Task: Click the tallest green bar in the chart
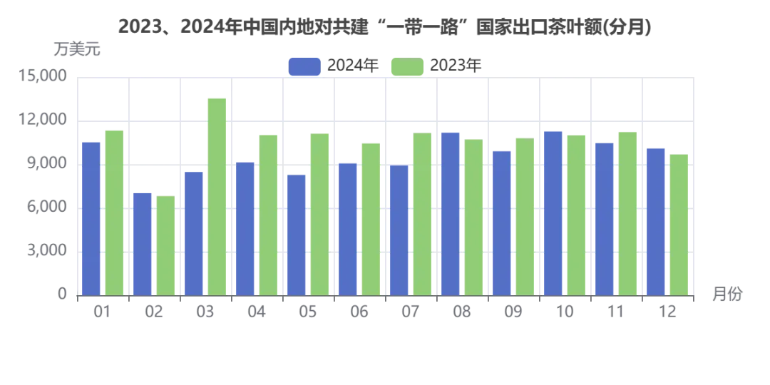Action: (x=217, y=196)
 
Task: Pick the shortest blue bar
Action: (x=143, y=242)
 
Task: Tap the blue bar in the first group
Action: (x=91, y=217)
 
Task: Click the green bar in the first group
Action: (x=114, y=212)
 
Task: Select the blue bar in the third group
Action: (x=194, y=233)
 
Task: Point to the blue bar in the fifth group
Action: (x=297, y=234)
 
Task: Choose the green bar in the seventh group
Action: (x=422, y=213)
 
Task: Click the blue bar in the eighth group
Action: (x=451, y=213)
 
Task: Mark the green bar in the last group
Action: (x=679, y=225)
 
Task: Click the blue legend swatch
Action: (x=304, y=66)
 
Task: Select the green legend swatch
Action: (x=408, y=66)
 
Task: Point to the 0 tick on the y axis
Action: (x=62, y=292)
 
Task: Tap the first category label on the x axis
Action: (x=103, y=311)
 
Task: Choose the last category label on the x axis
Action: (x=667, y=311)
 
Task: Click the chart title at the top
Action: (x=385, y=28)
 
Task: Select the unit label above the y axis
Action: (x=77, y=49)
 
